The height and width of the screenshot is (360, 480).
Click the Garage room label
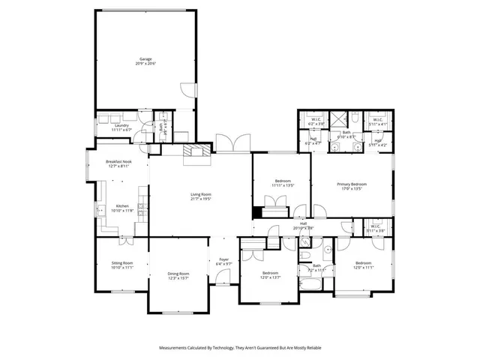145,59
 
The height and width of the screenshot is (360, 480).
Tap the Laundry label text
121,126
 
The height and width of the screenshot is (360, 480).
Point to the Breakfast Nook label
118,162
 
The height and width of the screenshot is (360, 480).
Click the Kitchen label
121,206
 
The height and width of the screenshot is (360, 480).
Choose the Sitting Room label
121,262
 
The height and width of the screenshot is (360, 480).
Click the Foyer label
223,259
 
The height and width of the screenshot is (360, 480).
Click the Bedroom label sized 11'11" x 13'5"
282,181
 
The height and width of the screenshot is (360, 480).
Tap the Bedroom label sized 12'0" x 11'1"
363,262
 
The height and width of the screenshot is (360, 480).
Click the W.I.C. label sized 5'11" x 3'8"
375,226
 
